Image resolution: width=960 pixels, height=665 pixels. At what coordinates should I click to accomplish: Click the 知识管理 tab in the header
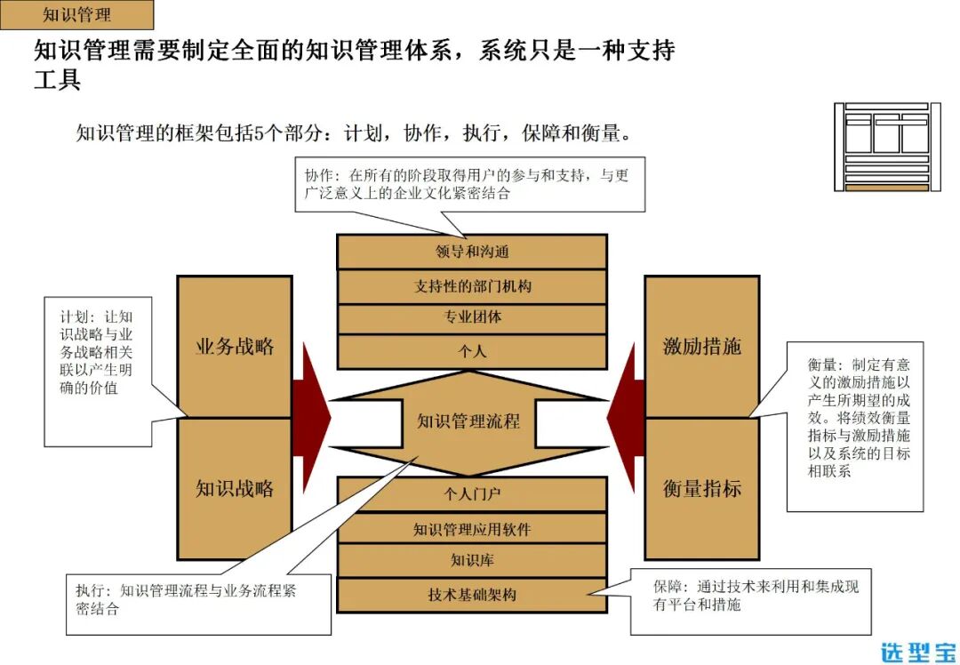[77, 15]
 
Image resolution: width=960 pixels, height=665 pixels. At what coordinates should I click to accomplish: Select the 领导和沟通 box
[472, 252]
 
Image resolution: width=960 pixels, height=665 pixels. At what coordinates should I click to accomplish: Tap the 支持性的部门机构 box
[472, 286]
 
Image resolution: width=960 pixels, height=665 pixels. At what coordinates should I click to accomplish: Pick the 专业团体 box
[472, 317]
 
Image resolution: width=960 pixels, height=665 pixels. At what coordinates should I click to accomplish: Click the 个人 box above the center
[472, 350]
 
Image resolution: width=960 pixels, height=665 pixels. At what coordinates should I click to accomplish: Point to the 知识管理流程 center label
[468, 421]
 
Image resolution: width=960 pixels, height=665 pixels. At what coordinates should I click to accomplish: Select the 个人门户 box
[472, 493]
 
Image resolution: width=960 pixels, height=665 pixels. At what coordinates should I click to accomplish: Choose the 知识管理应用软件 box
[472, 529]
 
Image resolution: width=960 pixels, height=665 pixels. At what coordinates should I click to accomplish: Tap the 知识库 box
[472, 560]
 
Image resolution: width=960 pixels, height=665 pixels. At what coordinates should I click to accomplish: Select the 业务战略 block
[235, 347]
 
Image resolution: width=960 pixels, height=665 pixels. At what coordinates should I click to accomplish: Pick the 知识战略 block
[235, 488]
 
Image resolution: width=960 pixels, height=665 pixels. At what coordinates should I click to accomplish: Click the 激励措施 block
[701, 347]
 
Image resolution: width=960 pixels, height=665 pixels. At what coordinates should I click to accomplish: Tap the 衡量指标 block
[701, 488]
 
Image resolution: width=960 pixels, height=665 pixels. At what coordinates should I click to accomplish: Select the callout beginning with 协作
[469, 184]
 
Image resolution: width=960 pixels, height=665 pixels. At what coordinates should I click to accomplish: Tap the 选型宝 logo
[917, 650]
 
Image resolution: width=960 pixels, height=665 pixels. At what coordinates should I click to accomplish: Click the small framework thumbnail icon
[886, 146]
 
